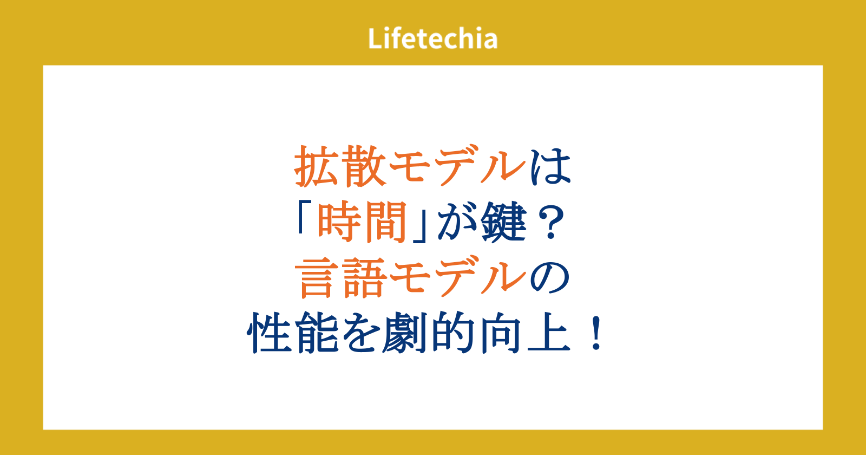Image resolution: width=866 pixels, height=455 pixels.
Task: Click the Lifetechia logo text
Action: coord(432,38)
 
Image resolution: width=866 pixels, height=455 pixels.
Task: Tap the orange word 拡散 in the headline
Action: coord(340,167)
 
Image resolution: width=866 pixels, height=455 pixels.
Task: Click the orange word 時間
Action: coord(362,223)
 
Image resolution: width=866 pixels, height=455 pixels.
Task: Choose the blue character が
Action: coord(457,223)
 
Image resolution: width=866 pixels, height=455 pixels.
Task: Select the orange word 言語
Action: coord(340,278)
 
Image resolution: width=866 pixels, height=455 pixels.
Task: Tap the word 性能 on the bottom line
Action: coord(293,333)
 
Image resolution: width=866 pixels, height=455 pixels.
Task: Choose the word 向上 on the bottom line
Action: coord(526,333)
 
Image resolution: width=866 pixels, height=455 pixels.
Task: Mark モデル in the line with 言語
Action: coord(458,278)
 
